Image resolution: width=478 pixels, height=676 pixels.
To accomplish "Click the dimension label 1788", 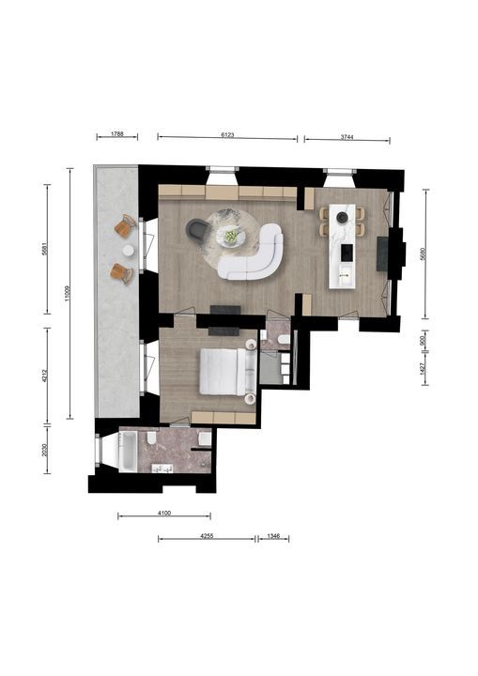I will pos(117,134).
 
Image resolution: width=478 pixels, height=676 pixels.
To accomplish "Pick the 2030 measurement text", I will pos(43,450).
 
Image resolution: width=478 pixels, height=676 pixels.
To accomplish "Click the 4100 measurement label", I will pos(163,513).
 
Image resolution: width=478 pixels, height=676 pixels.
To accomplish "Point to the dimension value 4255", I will pos(207,536).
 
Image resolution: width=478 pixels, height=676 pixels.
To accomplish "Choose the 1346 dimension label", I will pos(273,536).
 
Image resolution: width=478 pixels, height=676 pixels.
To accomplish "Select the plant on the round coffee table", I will pos(231,236).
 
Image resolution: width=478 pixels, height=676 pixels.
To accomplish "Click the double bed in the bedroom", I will pos(226,372).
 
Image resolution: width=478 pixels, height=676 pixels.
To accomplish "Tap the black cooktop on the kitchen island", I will pos(345,252).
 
